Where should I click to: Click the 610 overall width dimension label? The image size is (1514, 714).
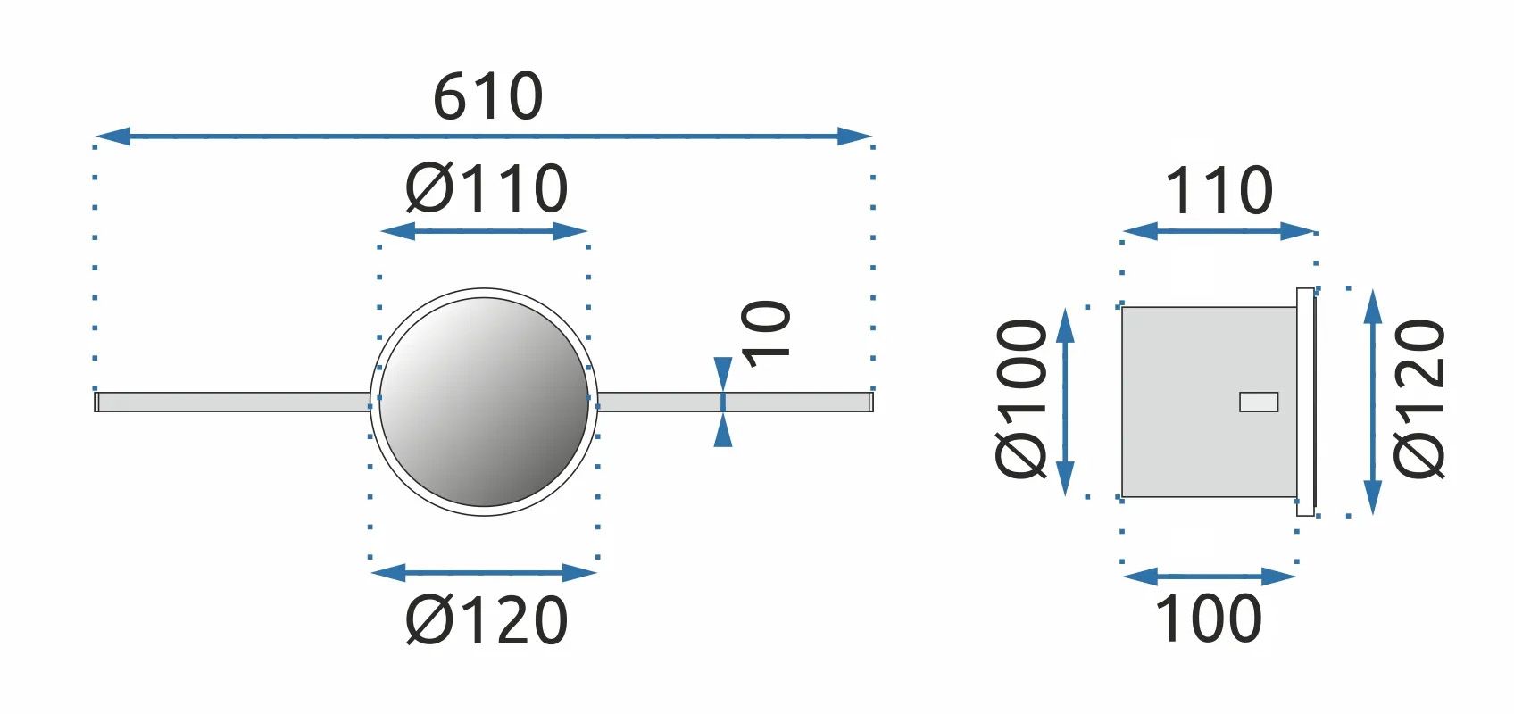[x=487, y=96]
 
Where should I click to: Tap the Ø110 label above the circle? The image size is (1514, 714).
[x=487, y=188]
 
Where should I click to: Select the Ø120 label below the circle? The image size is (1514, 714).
[x=487, y=620]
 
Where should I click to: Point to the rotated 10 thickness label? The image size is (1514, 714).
[x=766, y=334]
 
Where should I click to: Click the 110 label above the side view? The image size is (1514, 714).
[x=1219, y=190]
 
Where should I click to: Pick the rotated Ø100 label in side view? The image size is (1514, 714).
[x=1021, y=399]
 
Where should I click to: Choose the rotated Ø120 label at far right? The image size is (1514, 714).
[x=1419, y=399]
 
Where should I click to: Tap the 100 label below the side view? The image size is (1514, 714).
[x=1209, y=619]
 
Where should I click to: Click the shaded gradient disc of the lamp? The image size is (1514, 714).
[x=484, y=402]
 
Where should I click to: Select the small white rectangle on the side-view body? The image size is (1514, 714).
[x=1259, y=402]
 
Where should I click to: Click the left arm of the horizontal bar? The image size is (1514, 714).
[x=232, y=402]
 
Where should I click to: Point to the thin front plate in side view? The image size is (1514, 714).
[x=1306, y=402]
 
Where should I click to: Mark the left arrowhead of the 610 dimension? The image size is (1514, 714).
[x=112, y=136]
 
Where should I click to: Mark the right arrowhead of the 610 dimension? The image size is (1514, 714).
[x=854, y=136]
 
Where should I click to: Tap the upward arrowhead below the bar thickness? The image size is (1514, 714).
[x=723, y=429]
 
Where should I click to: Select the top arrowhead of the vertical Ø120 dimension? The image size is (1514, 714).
[x=1372, y=307]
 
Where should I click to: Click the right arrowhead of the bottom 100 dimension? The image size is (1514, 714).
[x=1278, y=577]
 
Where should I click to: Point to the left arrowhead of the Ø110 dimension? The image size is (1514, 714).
[x=398, y=231]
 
